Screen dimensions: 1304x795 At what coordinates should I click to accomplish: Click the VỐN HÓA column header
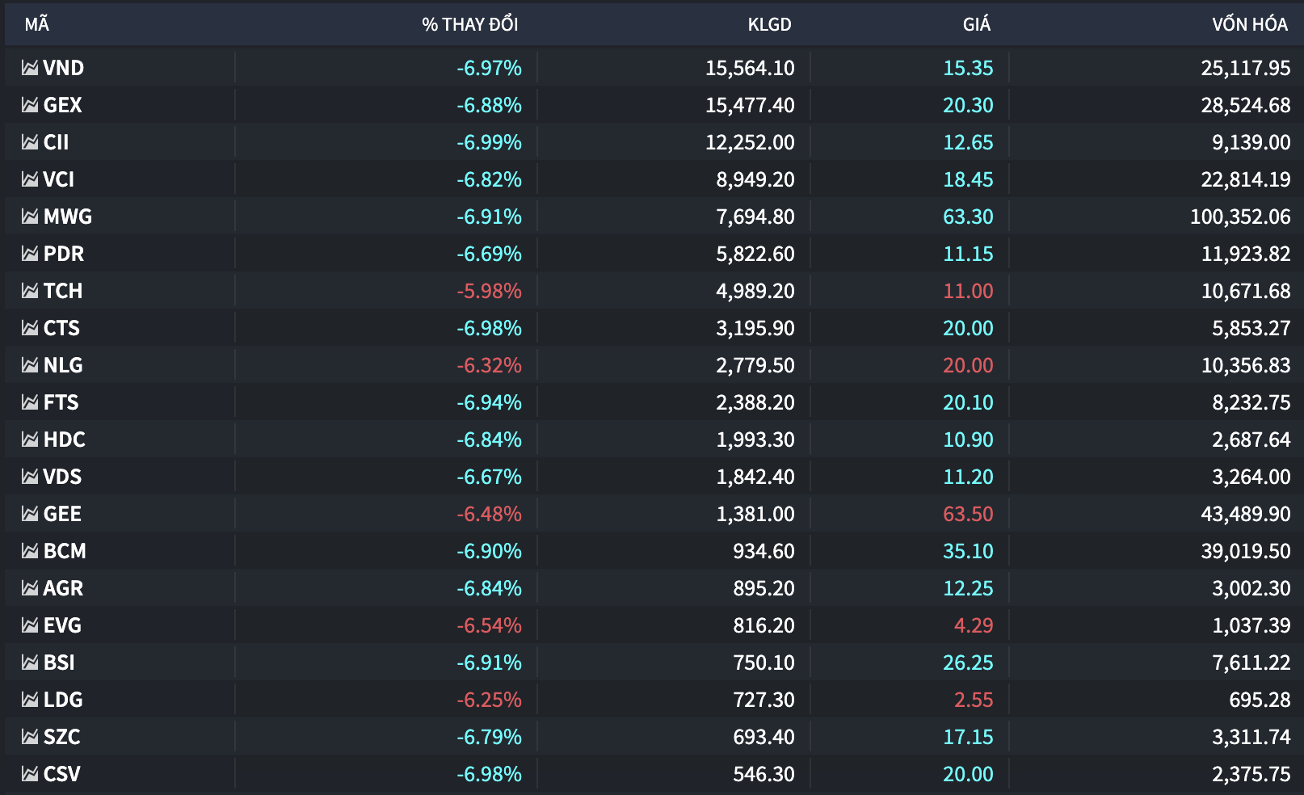point(1250,24)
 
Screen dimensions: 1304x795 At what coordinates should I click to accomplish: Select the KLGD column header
point(770,24)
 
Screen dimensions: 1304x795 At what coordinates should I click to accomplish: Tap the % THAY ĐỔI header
point(469,24)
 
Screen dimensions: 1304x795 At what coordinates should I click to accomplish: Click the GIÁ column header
point(976,24)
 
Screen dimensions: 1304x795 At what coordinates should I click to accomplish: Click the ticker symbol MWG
point(68,217)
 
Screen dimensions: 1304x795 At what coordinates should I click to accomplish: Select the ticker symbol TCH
point(63,291)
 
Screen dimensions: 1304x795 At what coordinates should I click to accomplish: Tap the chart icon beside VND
point(30,68)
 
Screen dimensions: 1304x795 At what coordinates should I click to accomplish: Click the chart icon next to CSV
point(30,773)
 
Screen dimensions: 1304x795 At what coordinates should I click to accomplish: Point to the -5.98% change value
point(489,291)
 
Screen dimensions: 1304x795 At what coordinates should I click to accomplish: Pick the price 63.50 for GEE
point(968,514)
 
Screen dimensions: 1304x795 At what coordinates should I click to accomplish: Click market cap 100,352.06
point(1240,217)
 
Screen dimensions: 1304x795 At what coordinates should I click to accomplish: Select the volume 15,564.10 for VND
point(750,68)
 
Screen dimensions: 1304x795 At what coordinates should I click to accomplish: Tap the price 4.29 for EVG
point(974,625)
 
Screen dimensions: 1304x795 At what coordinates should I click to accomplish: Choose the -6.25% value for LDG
point(489,700)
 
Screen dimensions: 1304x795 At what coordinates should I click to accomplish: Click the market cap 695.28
point(1260,700)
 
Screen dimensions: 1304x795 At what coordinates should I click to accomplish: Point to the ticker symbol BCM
point(65,551)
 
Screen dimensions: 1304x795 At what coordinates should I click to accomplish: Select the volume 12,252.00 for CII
point(750,142)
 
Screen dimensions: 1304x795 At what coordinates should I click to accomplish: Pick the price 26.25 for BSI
point(968,662)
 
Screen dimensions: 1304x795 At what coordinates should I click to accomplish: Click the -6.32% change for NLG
point(489,365)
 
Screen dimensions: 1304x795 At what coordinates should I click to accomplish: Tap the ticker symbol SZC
point(61,737)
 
